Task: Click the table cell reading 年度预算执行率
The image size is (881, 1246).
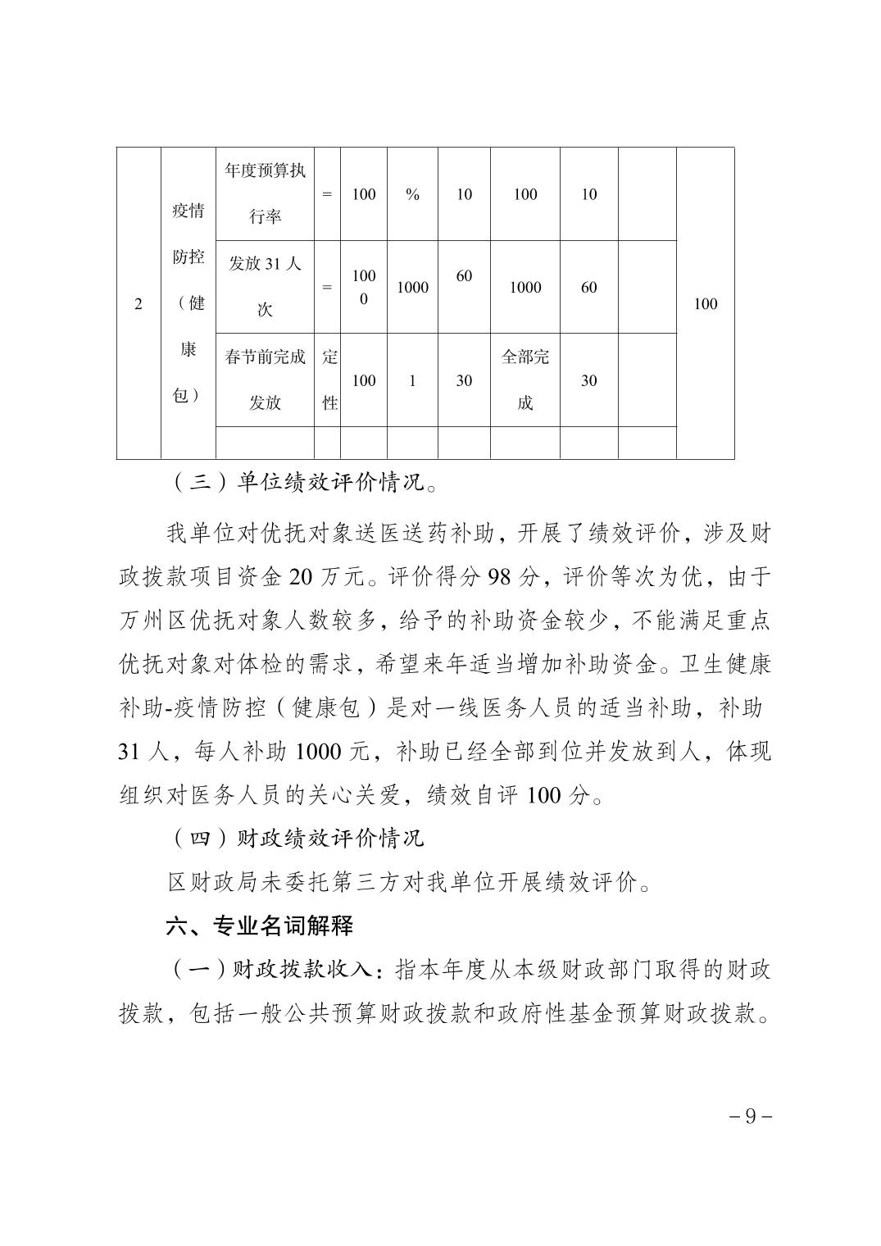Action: (x=265, y=194)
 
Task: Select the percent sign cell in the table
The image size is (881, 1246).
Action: (x=412, y=194)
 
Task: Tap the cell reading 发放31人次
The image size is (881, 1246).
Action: (x=265, y=287)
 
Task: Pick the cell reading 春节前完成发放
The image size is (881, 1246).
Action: (x=265, y=380)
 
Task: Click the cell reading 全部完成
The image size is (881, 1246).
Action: (x=525, y=380)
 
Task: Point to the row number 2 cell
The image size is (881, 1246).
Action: (x=138, y=304)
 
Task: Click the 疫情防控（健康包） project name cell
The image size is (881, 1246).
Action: (x=188, y=303)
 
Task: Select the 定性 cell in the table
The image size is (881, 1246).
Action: (x=328, y=380)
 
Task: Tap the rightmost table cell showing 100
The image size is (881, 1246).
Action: (x=705, y=304)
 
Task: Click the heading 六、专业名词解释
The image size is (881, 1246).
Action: (x=260, y=927)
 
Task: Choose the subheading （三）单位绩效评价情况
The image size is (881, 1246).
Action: (x=302, y=483)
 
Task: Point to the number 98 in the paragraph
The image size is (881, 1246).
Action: (x=498, y=577)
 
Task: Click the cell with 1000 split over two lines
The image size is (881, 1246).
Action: (x=363, y=287)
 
